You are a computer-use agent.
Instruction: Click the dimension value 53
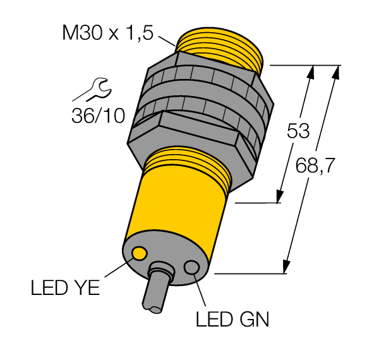(298, 131)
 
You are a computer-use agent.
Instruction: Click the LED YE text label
(65, 288)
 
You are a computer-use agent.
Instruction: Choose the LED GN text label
(231, 320)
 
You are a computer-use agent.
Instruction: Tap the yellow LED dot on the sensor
(140, 254)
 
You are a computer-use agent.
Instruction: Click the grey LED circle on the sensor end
(191, 268)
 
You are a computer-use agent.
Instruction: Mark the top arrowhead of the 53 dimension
(310, 72)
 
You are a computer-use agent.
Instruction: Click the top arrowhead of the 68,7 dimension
(335, 72)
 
